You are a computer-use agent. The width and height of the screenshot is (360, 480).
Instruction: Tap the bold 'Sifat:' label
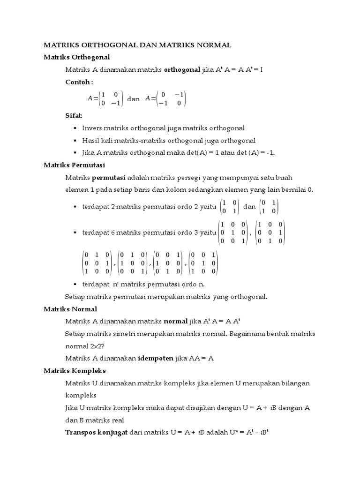pyautogui.click(x=74, y=115)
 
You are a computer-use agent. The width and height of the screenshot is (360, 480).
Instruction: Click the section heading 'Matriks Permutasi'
pyautogui.click(x=74, y=165)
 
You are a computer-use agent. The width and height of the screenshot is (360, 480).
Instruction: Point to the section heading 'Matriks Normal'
pyautogui.click(x=70, y=309)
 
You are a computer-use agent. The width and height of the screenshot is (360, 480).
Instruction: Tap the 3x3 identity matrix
pyautogui.click(x=233, y=232)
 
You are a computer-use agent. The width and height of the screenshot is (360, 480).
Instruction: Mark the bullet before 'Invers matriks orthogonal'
pyautogui.click(x=75, y=128)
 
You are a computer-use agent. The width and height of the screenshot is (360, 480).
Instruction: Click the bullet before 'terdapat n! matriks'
pyautogui.click(x=75, y=285)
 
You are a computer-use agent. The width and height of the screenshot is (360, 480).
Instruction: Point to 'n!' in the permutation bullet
pyautogui.click(x=115, y=285)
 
